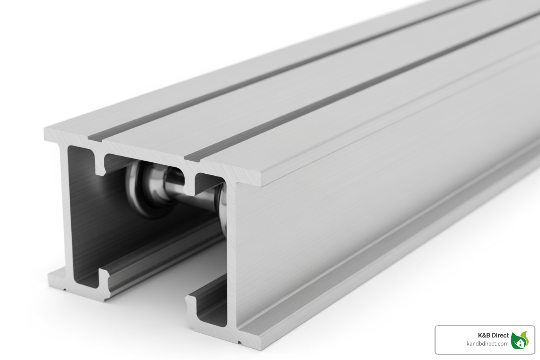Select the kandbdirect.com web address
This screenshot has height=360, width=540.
487,344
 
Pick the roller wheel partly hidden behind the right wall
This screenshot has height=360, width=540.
222,207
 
